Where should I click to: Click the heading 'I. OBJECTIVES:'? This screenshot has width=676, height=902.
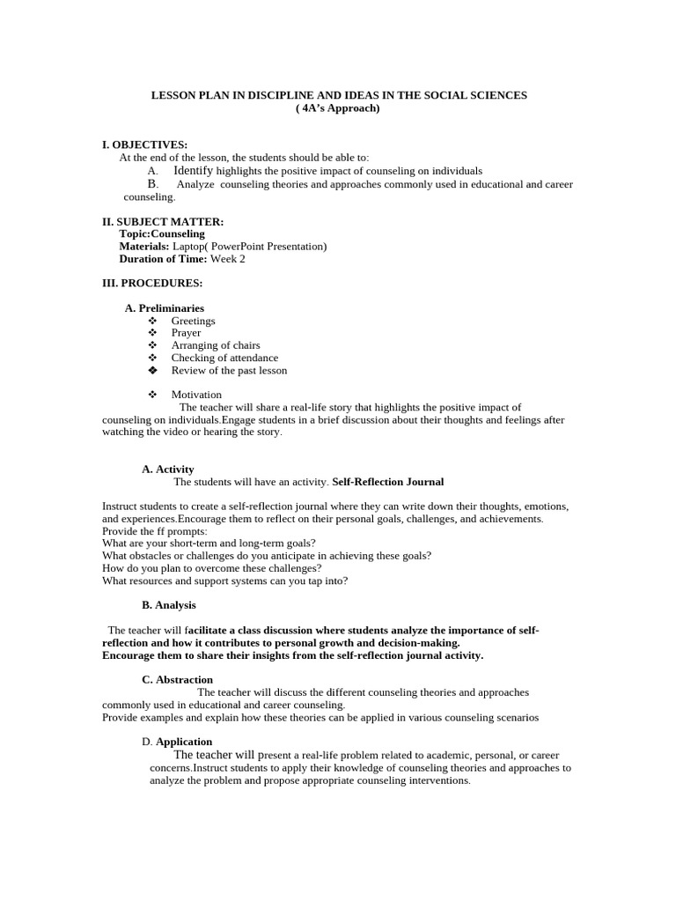click(x=145, y=144)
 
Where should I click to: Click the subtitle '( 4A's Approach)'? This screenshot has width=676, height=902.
click(x=338, y=107)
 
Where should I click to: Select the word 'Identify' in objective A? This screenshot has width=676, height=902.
click(x=193, y=170)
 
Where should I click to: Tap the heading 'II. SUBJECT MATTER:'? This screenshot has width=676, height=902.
click(x=163, y=222)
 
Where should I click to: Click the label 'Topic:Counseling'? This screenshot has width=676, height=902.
click(x=162, y=234)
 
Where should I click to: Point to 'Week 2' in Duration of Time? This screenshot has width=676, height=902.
click(x=228, y=259)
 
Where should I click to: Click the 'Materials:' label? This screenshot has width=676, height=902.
click(x=144, y=247)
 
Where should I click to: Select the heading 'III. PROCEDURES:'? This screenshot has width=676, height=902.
click(x=153, y=284)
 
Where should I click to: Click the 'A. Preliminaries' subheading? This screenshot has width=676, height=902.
click(x=165, y=308)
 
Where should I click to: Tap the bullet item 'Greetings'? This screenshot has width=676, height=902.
click(x=193, y=321)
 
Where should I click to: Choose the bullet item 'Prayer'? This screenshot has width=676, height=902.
click(x=186, y=333)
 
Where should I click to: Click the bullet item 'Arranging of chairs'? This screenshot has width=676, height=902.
click(x=216, y=345)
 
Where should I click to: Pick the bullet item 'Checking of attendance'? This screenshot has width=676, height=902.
click(x=224, y=358)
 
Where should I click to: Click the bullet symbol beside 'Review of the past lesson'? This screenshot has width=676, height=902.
click(x=152, y=370)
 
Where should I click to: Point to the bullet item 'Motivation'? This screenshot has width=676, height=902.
click(x=196, y=395)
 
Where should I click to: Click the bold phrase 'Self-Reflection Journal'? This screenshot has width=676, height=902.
click(x=388, y=482)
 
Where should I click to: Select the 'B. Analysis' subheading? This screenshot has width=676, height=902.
click(x=169, y=605)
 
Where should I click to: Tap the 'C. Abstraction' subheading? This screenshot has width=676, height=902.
click(x=177, y=679)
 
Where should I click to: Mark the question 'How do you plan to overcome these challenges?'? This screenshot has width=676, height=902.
click(x=211, y=568)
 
